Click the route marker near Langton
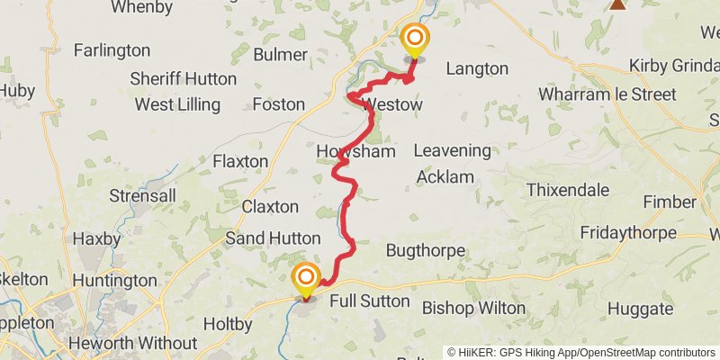coord(415,39)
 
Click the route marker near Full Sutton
coord(306,277)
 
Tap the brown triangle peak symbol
coord(617,4)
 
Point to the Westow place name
coord(391,105)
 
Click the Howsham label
coord(356,152)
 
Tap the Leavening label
coord(453,151)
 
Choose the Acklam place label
coord(445,177)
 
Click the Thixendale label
coord(568,190)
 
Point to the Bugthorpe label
coord(425,249)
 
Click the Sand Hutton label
coord(272,238)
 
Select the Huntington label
coord(113,281)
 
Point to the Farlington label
coord(112,50)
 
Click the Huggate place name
coord(639,309)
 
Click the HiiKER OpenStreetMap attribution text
coord(583,353)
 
